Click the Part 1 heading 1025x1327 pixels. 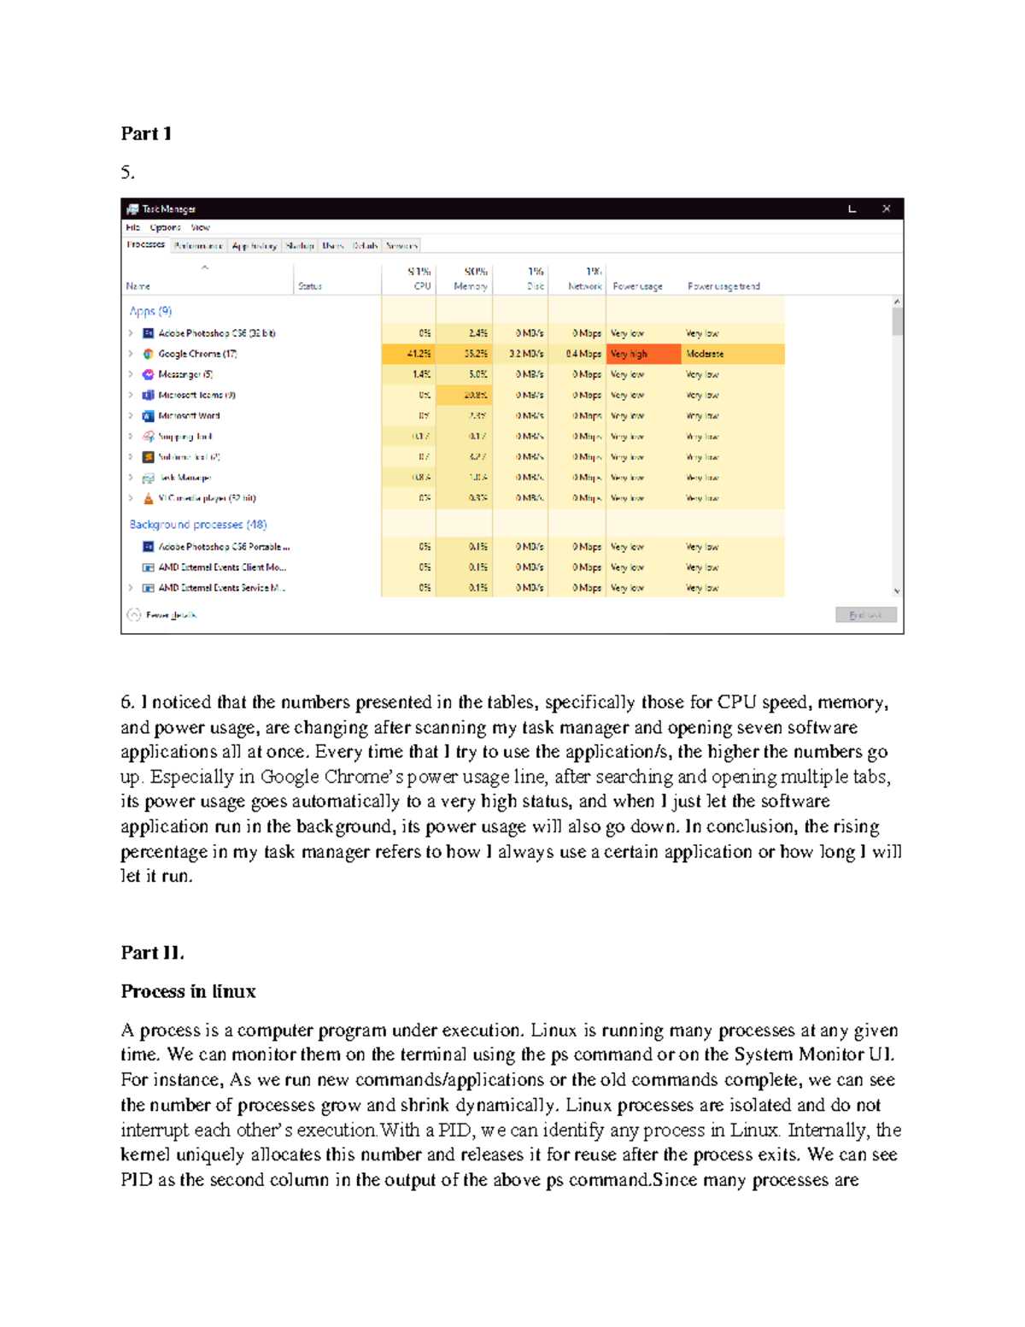coord(146,133)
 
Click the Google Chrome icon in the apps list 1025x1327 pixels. coord(148,354)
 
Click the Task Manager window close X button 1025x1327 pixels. coord(887,208)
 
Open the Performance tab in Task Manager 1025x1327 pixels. coord(198,246)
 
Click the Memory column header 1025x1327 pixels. coord(470,286)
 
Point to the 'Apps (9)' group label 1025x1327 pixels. coord(150,311)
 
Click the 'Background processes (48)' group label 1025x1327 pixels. coord(198,525)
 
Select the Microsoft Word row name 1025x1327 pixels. coord(189,416)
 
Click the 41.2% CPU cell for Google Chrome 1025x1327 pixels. coord(419,354)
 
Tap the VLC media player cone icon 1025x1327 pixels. coord(148,498)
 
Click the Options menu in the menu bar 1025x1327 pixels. coord(165,227)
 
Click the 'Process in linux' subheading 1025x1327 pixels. coord(188,991)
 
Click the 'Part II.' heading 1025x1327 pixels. coord(152,953)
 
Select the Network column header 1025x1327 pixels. coord(585,286)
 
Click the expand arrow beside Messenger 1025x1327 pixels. coord(131,374)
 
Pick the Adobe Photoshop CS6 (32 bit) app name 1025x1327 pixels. coord(216,333)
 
